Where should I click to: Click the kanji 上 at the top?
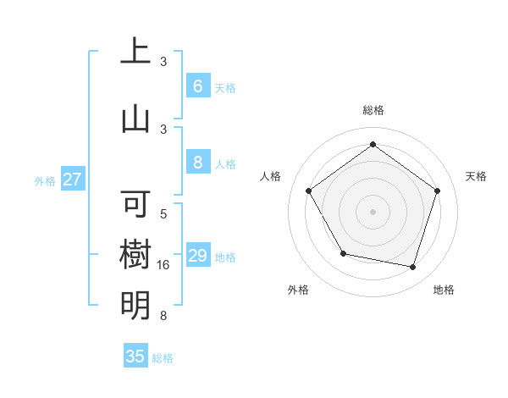pyautogui.click(x=135, y=52)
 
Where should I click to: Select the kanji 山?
pyautogui.click(x=135, y=118)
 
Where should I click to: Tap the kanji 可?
pyautogui.click(x=135, y=204)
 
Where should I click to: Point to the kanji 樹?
pyautogui.click(x=135, y=254)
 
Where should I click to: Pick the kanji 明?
pyautogui.click(x=135, y=305)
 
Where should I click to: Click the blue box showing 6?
pyautogui.click(x=197, y=86)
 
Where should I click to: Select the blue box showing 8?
pyautogui.click(x=197, y=163)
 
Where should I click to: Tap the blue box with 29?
pyautogui.click(x=197, y=256)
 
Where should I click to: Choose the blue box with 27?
pyautogui.click(x=73, y=180)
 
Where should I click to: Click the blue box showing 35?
pyautogui.click(x=135, y=357)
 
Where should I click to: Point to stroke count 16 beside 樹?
pyautogui.click(x=165, y=265)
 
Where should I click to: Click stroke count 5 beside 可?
pyautogui.click(x=163, y=215)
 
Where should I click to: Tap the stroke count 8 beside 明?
pyautogui.click(x=163, y=317)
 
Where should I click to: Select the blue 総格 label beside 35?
pyautogui.click(x=163, y=358)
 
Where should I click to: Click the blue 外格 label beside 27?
pyautogui.click(x=45, y=180)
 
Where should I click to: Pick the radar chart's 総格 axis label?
pyautogui.click(x=373, y=110)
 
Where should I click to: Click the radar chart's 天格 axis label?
pyautogui.click(x=477, y=176)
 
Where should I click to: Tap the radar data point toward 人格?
pyautogui.click(x=309, y=191)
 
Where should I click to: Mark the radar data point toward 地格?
pyautogui.click(x=412, y=267)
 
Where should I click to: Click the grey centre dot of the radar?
pyautogui.click(x=373, y=211)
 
